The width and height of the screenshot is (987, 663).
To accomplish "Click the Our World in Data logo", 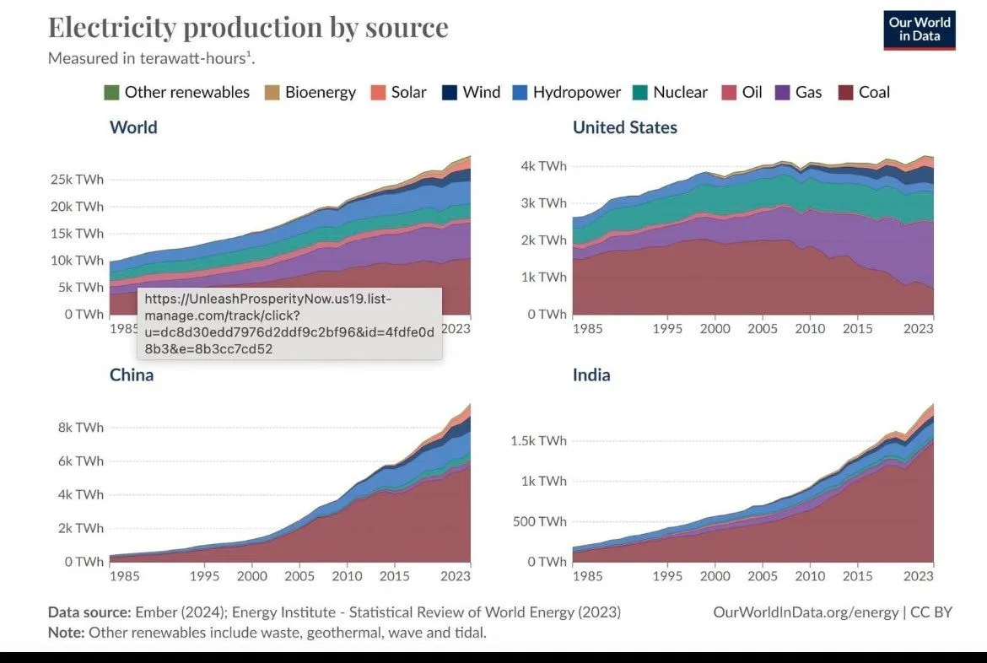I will [x=920, y=30].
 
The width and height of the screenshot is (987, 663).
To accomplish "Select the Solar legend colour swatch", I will [x=379, y=92].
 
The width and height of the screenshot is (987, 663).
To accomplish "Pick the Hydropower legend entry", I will [x=566, y=92].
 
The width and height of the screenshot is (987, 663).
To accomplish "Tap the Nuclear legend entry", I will [x=670, y=92].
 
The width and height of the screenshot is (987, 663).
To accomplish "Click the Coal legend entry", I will [x=864, y=92].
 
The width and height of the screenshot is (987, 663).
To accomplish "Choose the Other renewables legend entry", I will [x=176, y=92].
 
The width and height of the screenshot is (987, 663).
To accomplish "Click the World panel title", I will [x=133, y=127].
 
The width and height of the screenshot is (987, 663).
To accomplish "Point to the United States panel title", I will [x=624, y=127].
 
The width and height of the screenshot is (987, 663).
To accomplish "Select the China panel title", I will [x=132, y=375].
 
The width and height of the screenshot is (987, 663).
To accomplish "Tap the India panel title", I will [x=591, y=375].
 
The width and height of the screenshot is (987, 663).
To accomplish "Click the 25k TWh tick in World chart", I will [x=77, y=180].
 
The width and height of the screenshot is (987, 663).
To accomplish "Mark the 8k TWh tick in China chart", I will [x=81, y=428].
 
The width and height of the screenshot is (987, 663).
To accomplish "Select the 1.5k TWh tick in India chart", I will [x=540, y=441].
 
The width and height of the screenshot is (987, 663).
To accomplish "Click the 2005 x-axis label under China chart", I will [x=299, y=576].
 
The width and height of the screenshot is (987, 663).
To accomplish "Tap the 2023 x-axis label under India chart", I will [x=918, y=576].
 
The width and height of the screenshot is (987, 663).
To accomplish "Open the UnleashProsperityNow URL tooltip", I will [x=289, y=324].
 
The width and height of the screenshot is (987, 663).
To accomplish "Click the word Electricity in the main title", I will [x=111, y=27].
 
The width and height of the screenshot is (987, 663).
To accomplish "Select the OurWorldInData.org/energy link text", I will [x=806, y=612].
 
